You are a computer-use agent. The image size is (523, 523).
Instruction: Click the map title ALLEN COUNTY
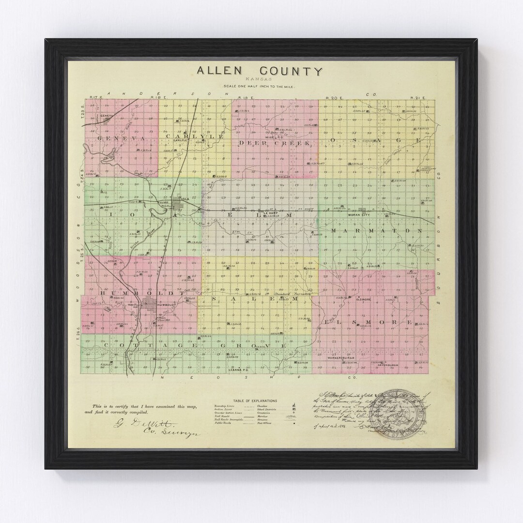259,72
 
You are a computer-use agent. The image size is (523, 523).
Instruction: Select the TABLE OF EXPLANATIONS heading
255,401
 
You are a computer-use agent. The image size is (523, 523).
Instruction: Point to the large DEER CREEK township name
267,143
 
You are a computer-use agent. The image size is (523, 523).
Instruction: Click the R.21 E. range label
417,98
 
